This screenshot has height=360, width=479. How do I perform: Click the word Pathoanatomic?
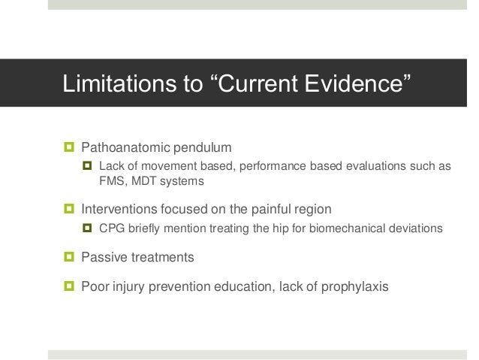click(125, 145)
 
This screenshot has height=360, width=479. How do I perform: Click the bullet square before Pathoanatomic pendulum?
click(69, 145)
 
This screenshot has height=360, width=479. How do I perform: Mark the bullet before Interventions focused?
click(69, 207)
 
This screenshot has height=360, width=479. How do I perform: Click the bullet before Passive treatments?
click(69, 258)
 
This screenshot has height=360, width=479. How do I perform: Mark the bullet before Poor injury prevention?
click(69, 286)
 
